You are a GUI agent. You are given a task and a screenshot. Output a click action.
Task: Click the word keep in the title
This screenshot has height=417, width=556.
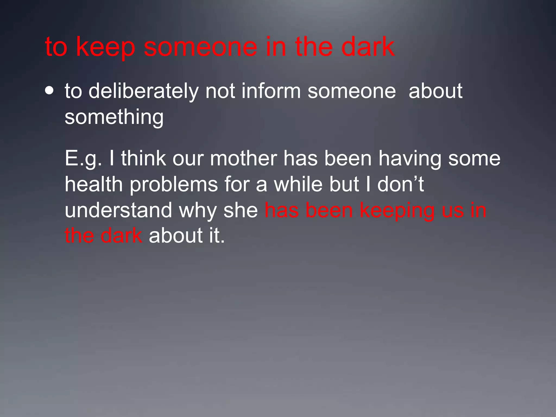[x=105, y=47]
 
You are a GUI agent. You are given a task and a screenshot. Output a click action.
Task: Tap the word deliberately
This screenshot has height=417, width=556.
[x=144, y=91]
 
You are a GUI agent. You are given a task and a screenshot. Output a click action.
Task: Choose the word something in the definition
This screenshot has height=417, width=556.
[x=114, y=117]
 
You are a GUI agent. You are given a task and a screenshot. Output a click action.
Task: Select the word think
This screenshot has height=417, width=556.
[x=143, y=159]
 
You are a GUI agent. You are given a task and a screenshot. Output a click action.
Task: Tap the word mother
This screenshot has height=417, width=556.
[x=244, y=159]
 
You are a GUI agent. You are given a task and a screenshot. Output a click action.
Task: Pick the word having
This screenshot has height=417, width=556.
[x=410, y=159]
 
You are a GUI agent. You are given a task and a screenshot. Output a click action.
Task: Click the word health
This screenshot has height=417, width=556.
[x=94, y=184]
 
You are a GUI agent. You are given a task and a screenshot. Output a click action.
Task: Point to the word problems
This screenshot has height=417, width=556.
[x=174, y=184]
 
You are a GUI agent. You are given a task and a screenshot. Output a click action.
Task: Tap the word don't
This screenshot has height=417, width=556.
[x=400, y=184]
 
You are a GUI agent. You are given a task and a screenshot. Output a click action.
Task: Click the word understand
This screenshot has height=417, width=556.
[x=118, y=210]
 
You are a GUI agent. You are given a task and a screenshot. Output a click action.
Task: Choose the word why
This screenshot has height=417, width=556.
[x=198, y=211]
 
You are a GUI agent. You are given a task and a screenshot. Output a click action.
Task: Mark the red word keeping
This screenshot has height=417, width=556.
[x=397, y=211]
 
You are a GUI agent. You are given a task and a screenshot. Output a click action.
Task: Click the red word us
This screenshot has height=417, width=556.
[x=453, y=211]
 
